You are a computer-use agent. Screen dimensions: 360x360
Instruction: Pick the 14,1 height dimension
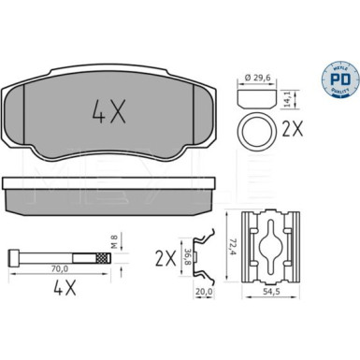coord(296,97)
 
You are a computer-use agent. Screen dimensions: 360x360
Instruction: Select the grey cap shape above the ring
coord(256,97)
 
